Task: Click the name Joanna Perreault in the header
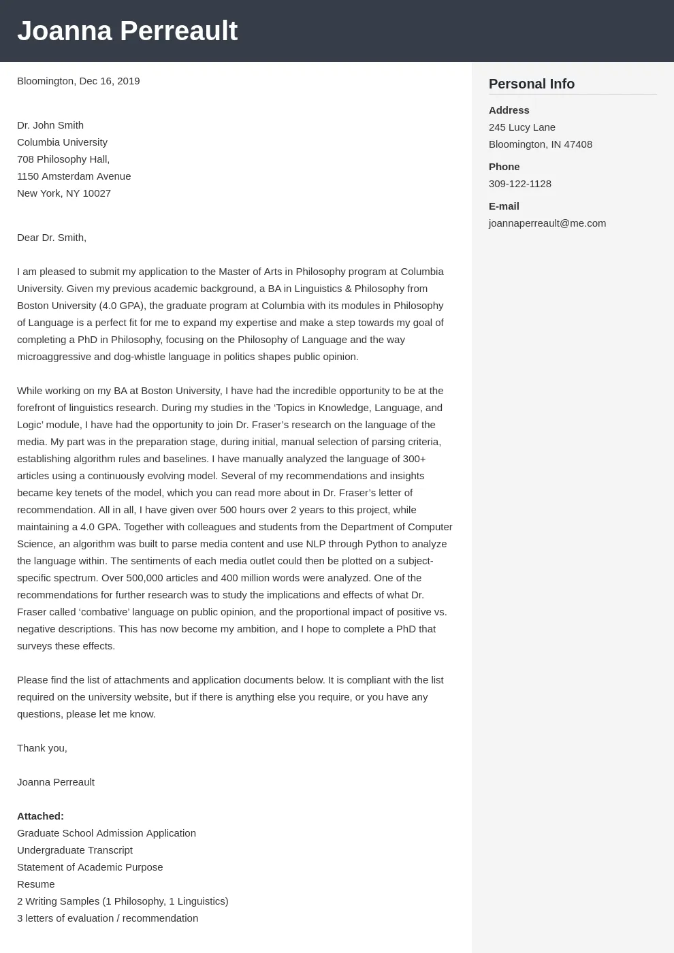(127, 31)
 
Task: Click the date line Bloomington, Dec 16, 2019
(78, 81)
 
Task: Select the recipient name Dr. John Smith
(50, 125)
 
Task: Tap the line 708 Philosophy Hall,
(63, 159)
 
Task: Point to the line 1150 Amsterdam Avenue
(74, 176)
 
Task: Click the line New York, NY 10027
(64, 193)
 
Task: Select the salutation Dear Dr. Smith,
(52, 238)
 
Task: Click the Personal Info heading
(532, 84)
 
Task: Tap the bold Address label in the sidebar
(509, 110)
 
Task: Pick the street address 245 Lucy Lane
(522, 127)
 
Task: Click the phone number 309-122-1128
(520, 184)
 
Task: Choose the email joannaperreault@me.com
(547, 223)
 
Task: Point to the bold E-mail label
(504, 206)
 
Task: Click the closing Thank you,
(42, 748)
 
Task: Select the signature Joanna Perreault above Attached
(56, 782)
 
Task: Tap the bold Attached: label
(40, 816)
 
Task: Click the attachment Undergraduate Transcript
(75, 850)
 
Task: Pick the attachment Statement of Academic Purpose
(90, 867)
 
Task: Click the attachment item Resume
(36, 884)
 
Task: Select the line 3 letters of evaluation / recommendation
(108, 918)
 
